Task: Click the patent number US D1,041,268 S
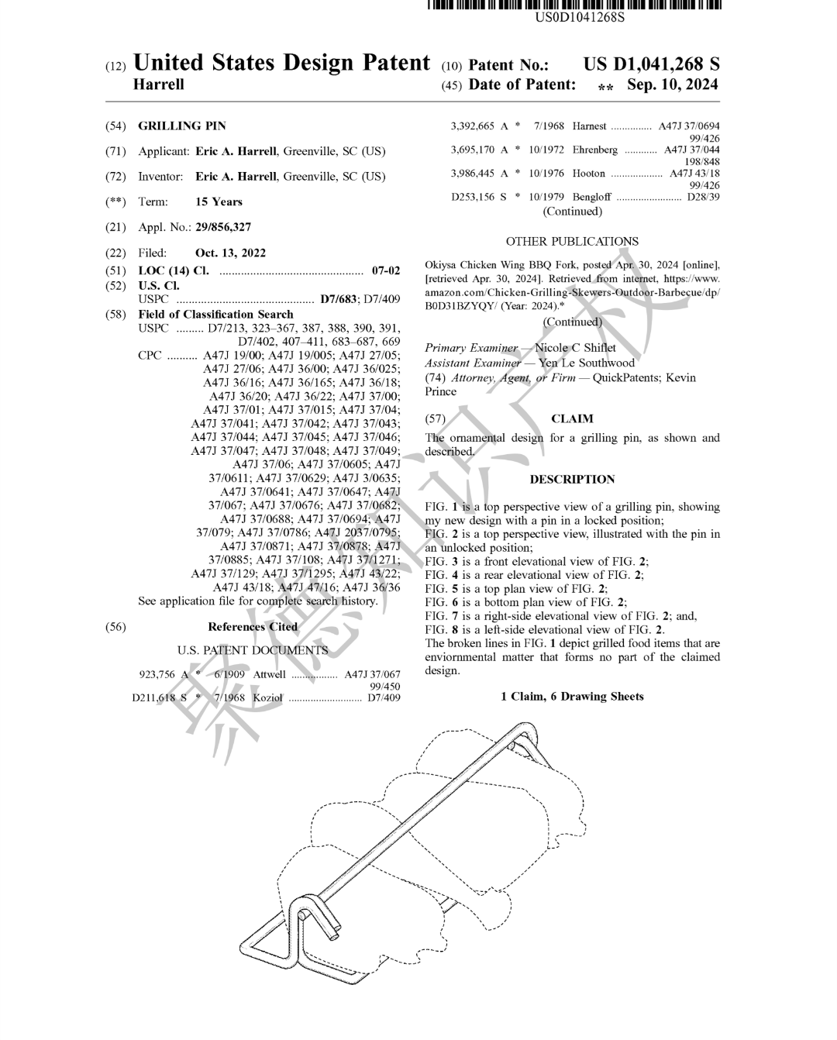651,64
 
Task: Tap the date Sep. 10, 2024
672,84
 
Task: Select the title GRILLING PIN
182,126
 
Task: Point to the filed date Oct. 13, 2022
230,253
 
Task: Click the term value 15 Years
219,201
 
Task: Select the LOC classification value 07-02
386,270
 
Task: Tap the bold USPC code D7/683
339,299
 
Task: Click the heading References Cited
253,627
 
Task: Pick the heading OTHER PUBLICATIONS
572,242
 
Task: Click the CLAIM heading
572,419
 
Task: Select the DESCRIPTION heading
572,480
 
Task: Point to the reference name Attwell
269,674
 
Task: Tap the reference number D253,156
473,197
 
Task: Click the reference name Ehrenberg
595,150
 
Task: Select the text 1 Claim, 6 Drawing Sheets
572,697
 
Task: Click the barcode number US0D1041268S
580,16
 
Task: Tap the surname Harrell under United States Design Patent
159,84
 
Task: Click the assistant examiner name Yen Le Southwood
587,363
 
